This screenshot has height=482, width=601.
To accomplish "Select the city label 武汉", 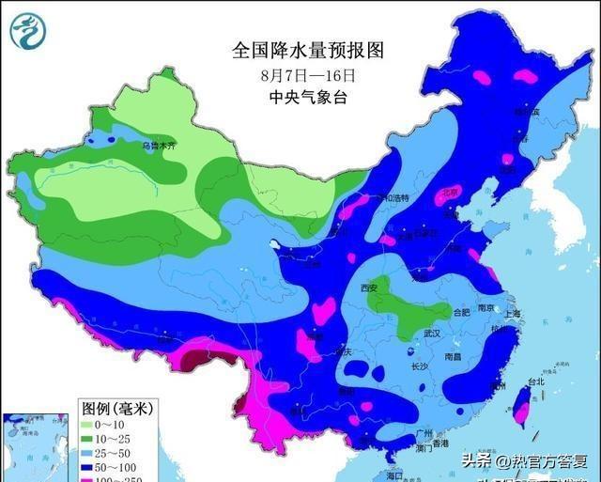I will click(432, 334).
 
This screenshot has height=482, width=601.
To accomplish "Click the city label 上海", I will click(512, 314).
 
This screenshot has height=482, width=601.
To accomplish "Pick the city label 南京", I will click(485, 307).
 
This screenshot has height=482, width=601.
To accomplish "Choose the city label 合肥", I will click(459, 312).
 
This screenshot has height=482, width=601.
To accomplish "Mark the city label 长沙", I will click(419, 366).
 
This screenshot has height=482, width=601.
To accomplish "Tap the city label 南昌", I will click(453, 357).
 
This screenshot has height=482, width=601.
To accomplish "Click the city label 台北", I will click(535, 382).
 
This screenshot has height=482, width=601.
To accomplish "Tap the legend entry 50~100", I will click(115, 467).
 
